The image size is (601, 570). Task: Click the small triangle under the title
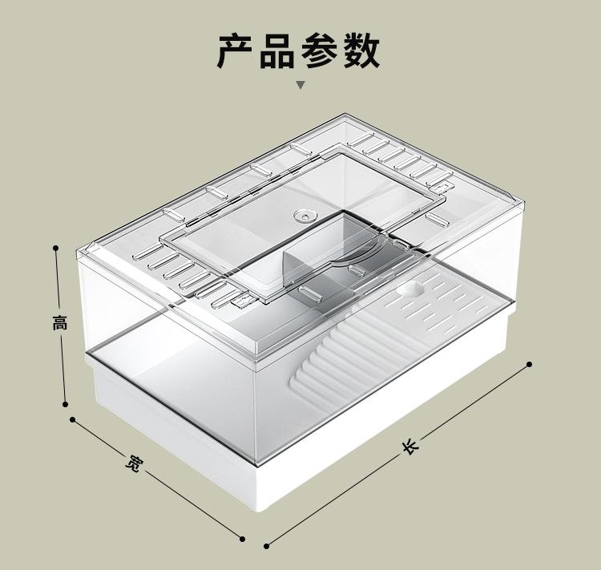tap(300, 84)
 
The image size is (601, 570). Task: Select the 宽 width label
tap(133, 463)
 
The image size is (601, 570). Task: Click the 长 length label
tap(409, 446)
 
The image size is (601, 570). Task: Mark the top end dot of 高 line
tap(56, 248)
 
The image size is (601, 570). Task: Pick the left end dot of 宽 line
tap(72, 419)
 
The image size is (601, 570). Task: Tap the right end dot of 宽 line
tap(244, 536)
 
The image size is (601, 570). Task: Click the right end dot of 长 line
tap(529, 364)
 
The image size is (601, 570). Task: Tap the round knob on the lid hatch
tap(304, 215)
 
